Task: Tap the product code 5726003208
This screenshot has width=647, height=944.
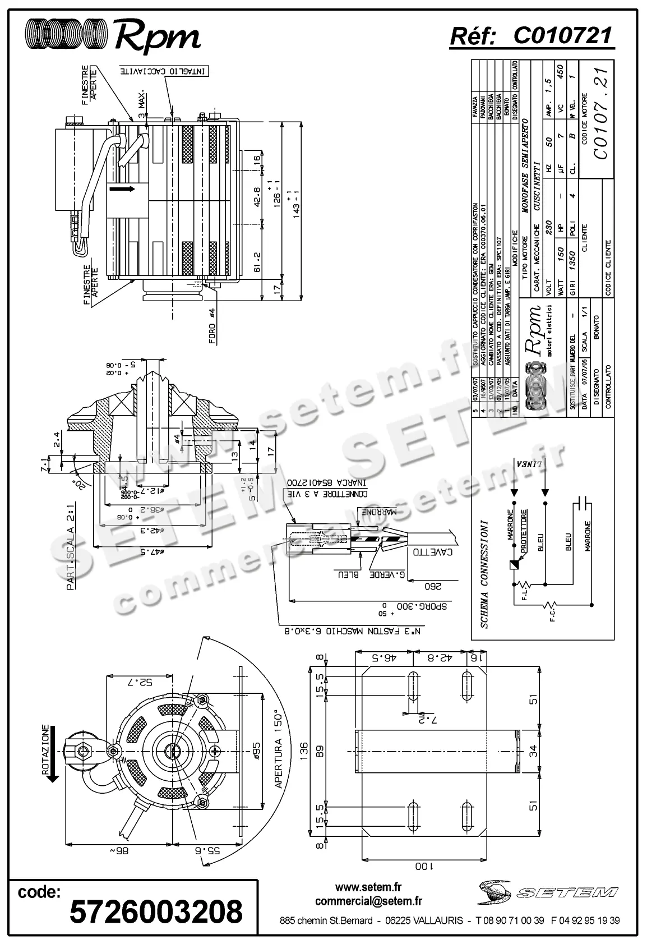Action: coord(156,911)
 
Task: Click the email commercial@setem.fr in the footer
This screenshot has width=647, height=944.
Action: coord(368,901)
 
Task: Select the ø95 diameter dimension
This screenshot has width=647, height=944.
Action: coord(256,749)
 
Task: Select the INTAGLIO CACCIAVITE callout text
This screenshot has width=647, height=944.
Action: coord(164,72)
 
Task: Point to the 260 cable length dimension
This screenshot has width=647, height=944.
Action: coord(433,587)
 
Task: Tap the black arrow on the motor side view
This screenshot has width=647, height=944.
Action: coord(122,189)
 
